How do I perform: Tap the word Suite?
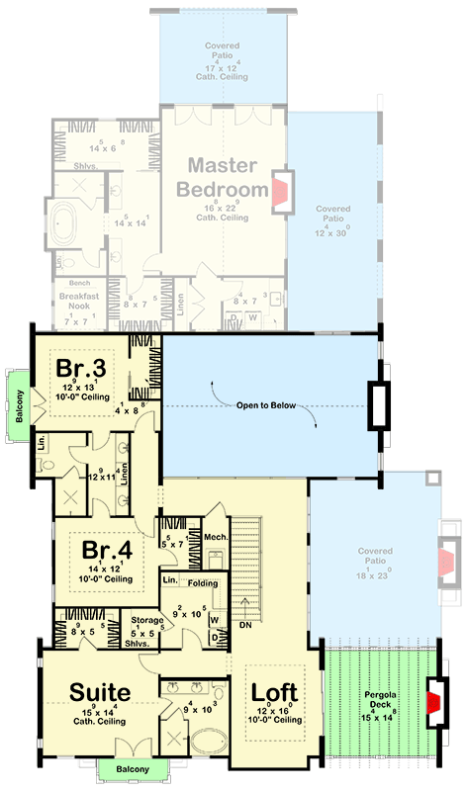click(x=101, y=689)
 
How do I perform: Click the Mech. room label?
click(x=217, y=536)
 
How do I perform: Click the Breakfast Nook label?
click(x=76, y=303)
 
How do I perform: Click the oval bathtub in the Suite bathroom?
click(x=208, y=740)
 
